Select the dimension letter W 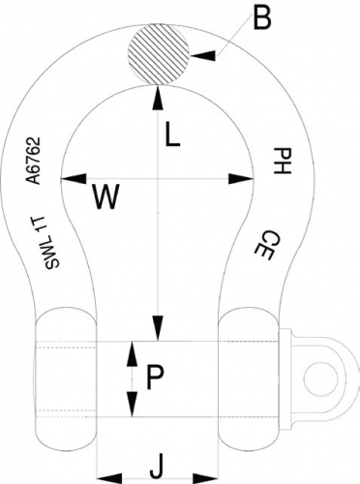pyautogui.click(x=105, y=198)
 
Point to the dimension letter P pyautogui.click(x=153, y=378)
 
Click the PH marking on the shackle pyautogui.click(x=281, y=162)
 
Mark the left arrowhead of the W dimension pyautogui.click(x=68, y=178)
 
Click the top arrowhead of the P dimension pyautogui.click(x=132, y=354)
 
